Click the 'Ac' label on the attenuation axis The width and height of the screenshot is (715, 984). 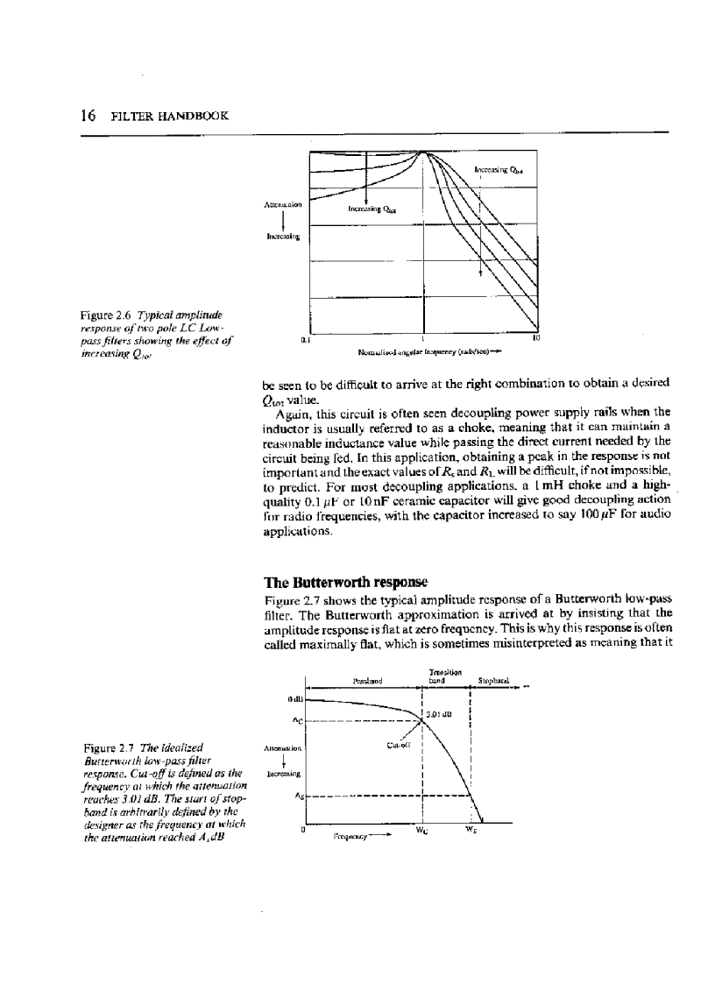297,722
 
